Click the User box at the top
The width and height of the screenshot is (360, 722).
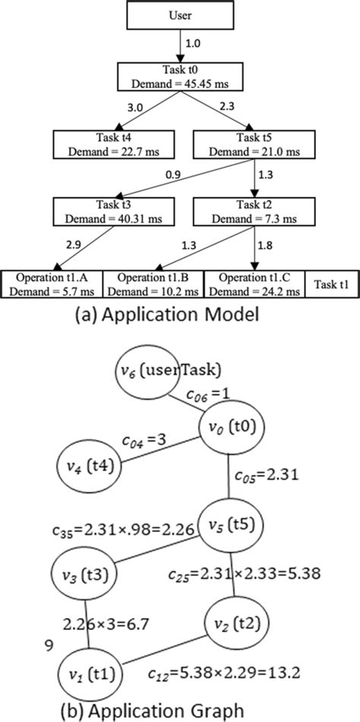tap(179, 15)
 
